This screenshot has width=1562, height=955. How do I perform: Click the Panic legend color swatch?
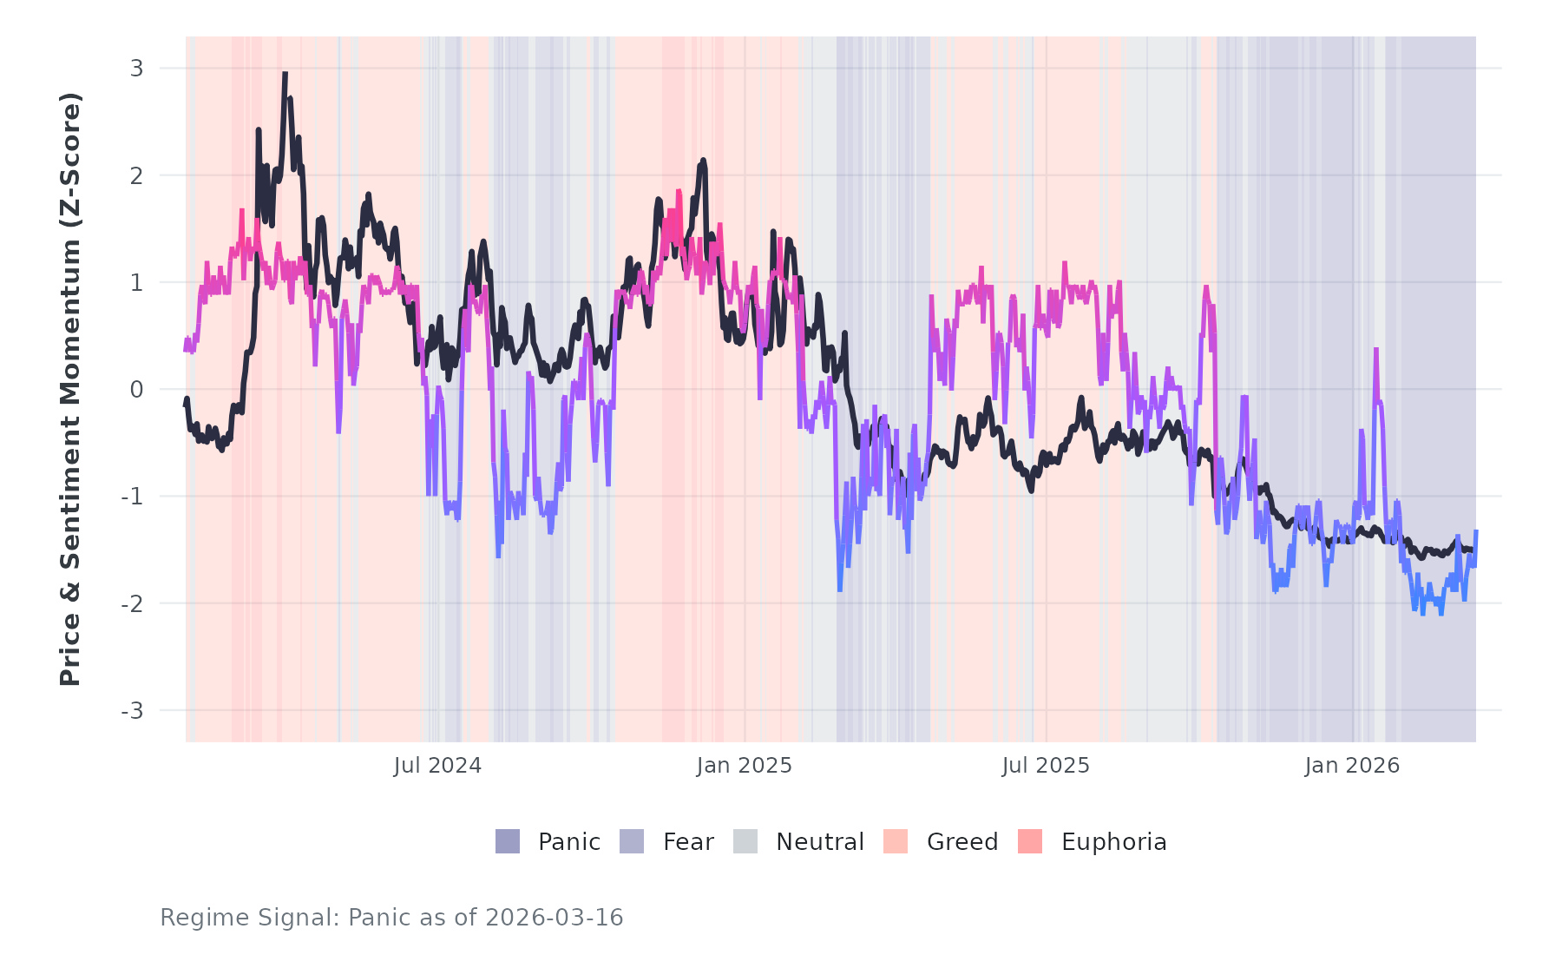click(x=508, y=841)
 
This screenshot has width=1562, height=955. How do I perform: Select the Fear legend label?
click(x=688, y=842)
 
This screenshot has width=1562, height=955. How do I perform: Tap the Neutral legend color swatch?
click(x=745, y=841)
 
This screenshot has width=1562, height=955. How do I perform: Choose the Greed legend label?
click(x=962, y=842)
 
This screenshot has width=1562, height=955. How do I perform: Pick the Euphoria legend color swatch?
click(x=1030, y=841)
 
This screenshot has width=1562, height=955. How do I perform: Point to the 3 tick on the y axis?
click(x=137, y=69)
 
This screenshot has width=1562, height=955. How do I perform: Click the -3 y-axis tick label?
click(x=133, y=711)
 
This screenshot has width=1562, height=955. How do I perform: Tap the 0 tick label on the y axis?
click(x=137, y=390)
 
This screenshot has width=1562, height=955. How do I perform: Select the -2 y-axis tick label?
click(x=133, y=604)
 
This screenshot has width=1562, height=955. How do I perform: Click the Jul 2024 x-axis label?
click(x=437, y=766)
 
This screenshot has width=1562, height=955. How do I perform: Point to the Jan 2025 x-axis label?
click(x=745, y=766)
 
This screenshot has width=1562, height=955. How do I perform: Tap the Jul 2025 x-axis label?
click(x=1046, y=766)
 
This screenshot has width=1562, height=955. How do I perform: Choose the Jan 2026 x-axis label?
click(x=1352, y=766)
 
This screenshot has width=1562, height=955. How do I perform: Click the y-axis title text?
click(x=70, y=389)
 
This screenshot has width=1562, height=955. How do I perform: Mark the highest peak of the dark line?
click(x=285, y=75)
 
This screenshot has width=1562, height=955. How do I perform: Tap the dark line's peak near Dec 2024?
click(x=703, y=161)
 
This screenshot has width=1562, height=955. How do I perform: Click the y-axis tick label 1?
click(x=137, y=283)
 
